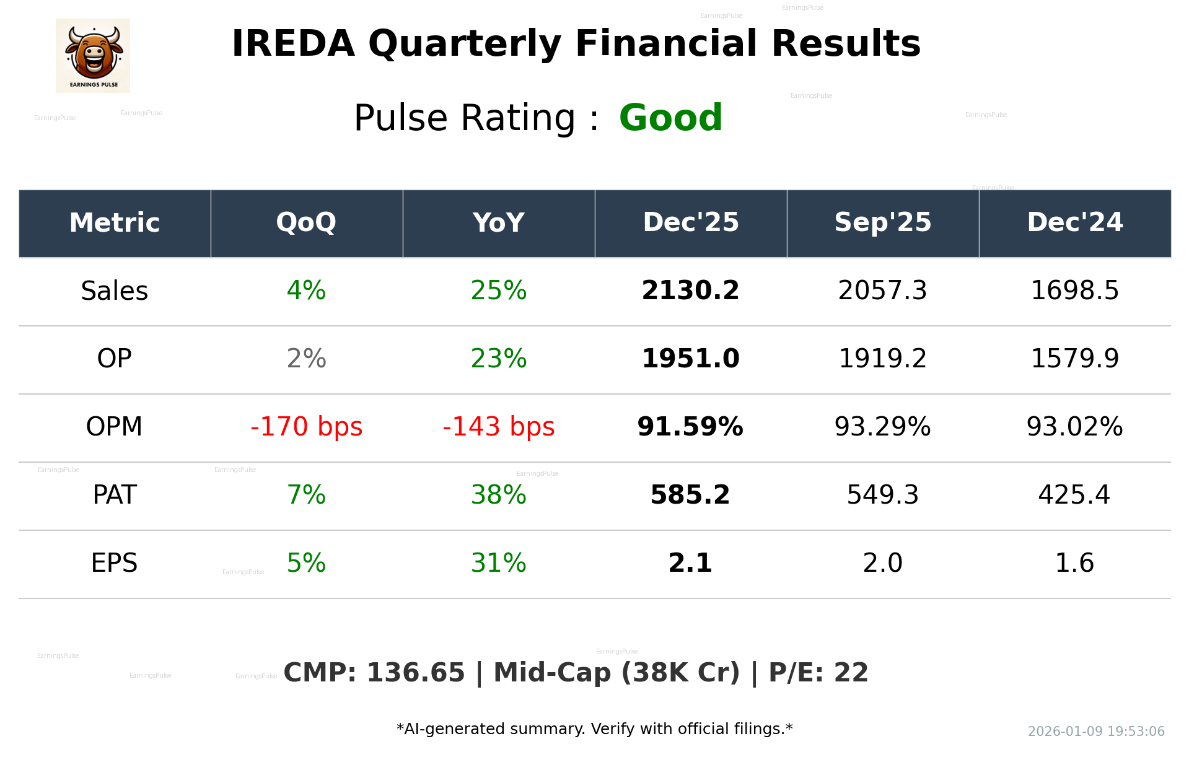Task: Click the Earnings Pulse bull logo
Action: [x=93, y=55]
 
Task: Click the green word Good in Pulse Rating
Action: [x=670, y=118]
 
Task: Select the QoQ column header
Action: [x=306, y=222]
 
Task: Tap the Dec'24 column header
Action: [x=1074, y=222]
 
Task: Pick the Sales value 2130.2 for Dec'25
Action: [x=690, y=291]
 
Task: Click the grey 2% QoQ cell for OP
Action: [x=306, y=359]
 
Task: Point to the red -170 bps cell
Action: [x=306, y=427]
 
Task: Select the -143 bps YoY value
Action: [x=498, y=427]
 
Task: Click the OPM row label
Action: [x=114, y=427]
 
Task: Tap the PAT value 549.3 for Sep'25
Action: [x=882, y=495]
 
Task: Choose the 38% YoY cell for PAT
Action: [x=498, y=495]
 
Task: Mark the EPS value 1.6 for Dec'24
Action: [x=1074, y=563]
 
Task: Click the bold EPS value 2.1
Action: [x=690, y=563]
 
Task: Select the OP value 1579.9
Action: [x=1074, y=359]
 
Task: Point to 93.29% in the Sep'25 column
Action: [x=882, y=427]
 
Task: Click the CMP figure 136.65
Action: [x=415, y=673]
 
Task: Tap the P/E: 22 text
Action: [x=818, y=673]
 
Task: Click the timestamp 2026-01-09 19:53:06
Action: [x=1096, y=732]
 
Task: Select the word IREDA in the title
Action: [x=293, y=44]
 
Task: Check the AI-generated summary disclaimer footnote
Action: [x=594, y=729]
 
